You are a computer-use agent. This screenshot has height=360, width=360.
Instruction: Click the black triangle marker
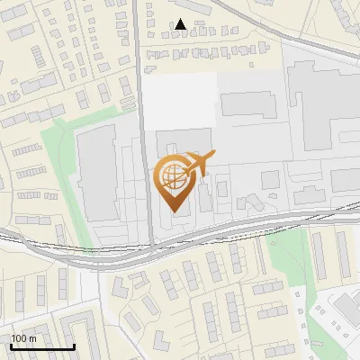pyautogui.click(x=181, y=24)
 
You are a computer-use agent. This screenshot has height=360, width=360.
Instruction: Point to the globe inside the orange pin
pyautogui.click(x=173, y=175)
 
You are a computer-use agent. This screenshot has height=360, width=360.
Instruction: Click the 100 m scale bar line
pyautogui.click(x=42, y=347)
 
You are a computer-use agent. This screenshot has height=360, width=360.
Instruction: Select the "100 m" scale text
pyautogui.click(x=23, y=338)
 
